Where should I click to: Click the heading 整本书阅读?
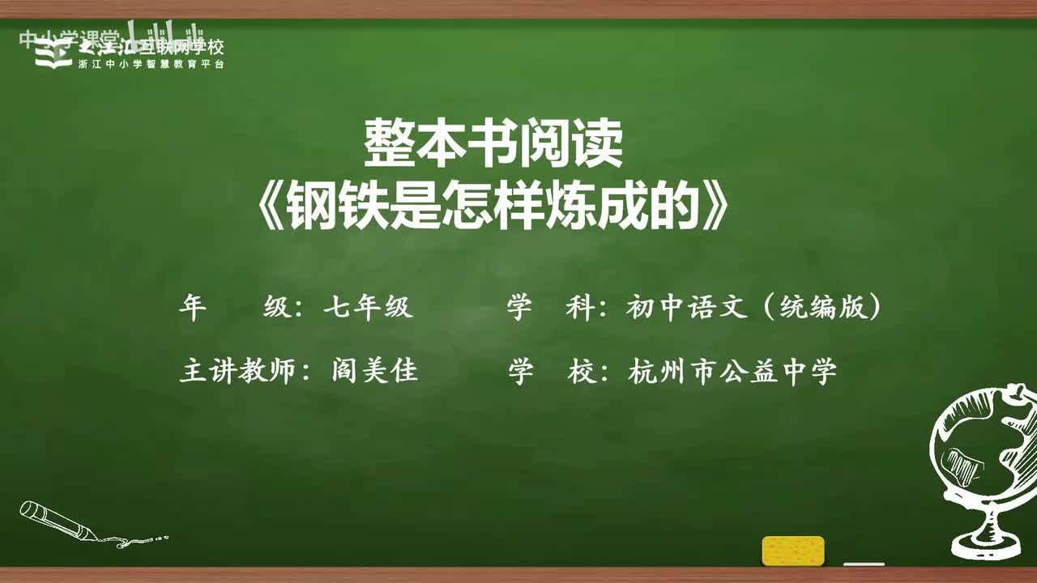[x=493, y=145]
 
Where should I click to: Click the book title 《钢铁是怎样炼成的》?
[x=493, y=209]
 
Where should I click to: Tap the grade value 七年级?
[x=369, y=308]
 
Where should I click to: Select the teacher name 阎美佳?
[x=374, y=372]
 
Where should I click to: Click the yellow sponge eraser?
[x=793, y=551]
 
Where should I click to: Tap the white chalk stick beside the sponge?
[x=863, y=564]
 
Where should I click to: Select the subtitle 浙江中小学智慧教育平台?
[x=151, y=64]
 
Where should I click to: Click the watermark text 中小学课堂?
[x=68, y=39]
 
